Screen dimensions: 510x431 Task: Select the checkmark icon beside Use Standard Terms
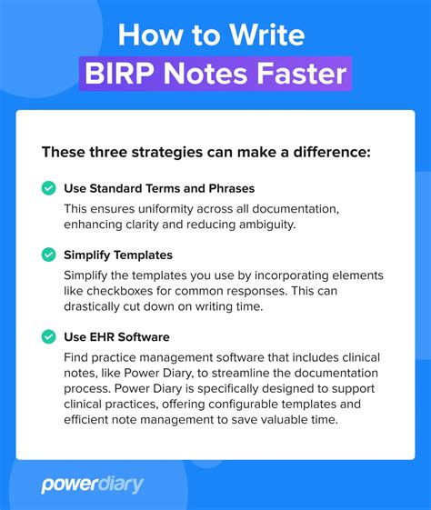pos(48,188)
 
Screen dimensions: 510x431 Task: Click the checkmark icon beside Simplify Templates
pos(48,255)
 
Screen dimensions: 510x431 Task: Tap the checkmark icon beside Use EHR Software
pos(48,336)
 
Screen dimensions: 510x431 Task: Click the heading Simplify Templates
pos(117,255)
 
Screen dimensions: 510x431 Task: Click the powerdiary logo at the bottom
pos(92,485)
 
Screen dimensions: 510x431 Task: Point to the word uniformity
pos(167,208)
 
